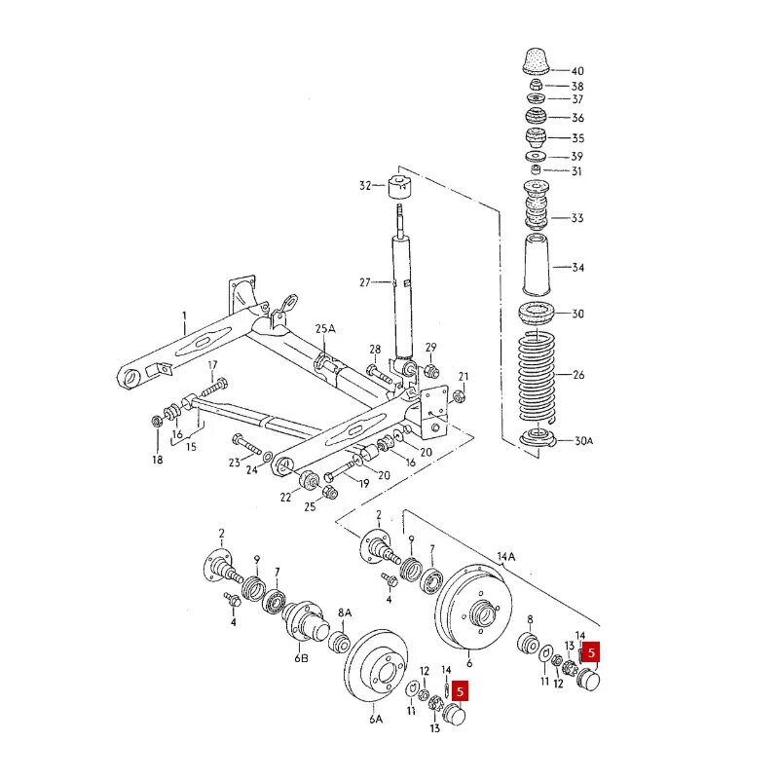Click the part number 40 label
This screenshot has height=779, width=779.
point(577,71)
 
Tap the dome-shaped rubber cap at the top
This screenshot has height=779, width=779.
point(535,60)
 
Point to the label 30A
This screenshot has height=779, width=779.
point(582,440)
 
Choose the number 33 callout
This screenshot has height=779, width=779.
point(577,218)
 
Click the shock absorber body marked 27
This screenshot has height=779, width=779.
point(403,292)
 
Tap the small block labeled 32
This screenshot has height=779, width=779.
point(398,187)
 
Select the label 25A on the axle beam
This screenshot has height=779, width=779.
point(324,330)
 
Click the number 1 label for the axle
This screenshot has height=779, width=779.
point(182,315)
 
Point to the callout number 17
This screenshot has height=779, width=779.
point(211,365)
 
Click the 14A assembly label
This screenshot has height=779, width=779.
point(506,556)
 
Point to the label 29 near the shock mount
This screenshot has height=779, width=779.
point(430,348)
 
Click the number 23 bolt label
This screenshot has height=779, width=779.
point(234,463)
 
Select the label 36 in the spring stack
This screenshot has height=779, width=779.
point(577,118)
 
